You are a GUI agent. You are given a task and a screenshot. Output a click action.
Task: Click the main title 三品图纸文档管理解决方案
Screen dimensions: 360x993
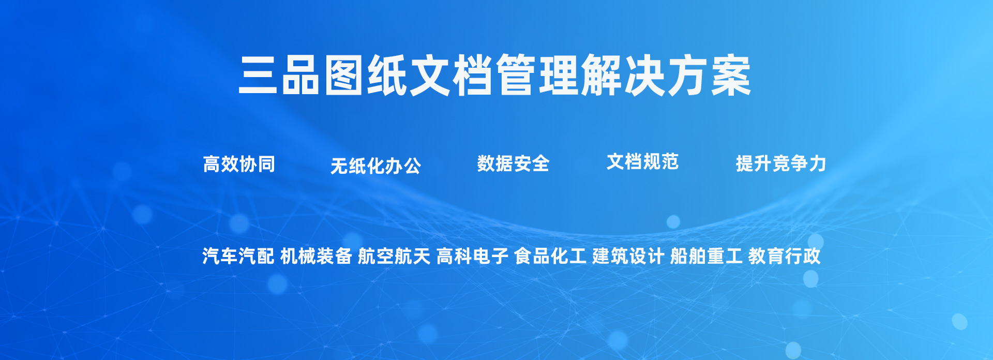(495, 76)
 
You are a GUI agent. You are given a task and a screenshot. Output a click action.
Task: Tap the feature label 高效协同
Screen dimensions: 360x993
(239, 164)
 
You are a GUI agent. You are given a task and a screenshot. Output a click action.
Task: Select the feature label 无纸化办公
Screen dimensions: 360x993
(375, 166)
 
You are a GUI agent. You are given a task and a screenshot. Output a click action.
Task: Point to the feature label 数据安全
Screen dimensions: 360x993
(513, 163)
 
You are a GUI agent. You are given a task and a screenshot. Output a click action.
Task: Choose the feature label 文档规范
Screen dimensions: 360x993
(642, 162)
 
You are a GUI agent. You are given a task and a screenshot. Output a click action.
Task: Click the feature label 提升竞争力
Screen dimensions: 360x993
(781, 163)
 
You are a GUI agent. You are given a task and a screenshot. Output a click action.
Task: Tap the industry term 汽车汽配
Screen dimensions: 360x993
(238, 256)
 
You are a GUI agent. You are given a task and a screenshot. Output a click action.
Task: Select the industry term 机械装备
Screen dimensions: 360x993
(316, 256)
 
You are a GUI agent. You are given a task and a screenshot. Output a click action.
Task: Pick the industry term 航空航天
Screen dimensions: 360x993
(394, 256)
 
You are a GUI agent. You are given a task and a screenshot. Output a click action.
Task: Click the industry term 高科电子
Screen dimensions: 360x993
(472, 256)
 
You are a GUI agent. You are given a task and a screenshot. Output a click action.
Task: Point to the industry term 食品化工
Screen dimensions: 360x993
(550, 256)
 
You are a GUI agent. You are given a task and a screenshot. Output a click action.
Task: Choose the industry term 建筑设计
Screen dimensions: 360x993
(628, 256)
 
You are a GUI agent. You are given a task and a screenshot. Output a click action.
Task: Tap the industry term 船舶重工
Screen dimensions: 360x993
(706, 256)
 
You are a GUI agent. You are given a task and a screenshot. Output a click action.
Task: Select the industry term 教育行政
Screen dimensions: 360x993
(784, 256)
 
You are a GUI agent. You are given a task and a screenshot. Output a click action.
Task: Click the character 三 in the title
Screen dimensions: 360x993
(258, 76)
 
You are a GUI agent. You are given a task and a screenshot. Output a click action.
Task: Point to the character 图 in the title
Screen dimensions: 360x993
(344, 76)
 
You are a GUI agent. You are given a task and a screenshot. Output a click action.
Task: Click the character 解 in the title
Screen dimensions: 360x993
(602, 76)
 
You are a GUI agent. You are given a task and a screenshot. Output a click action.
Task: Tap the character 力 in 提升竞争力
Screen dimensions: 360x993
(818, 163)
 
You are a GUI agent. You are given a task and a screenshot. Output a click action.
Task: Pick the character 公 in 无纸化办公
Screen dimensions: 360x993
(412, 166)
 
